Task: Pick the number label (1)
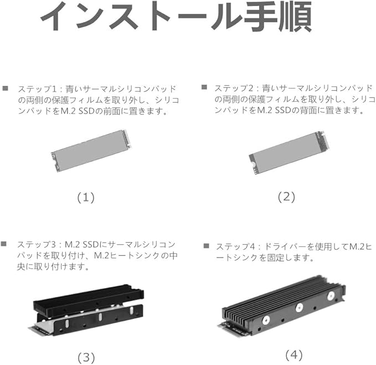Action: click(x=86, y=197)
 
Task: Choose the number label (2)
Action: click(x=286, y=196)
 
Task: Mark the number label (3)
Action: click(x=86, y=356)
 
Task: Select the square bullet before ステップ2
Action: click(x=204, y=88)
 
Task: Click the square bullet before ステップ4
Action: click(x=206, y=245)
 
